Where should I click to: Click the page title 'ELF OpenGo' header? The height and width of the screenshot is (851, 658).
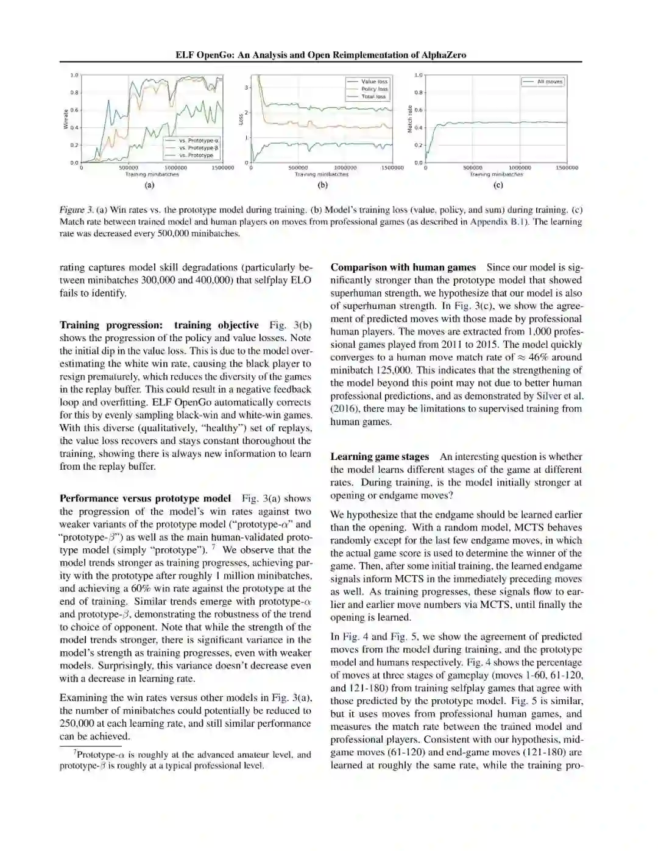(320, 55)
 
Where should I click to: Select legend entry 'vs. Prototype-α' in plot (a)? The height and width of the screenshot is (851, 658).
(198, 141)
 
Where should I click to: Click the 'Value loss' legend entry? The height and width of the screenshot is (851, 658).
(374, 82)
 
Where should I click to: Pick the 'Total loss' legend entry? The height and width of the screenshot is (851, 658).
(373, 96)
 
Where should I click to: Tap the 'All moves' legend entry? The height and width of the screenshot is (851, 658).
(550, 82)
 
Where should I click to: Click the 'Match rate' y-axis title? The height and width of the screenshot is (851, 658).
(410, 119)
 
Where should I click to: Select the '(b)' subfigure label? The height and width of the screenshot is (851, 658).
(322, 185)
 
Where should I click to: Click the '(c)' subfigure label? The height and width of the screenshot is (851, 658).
(498, 185)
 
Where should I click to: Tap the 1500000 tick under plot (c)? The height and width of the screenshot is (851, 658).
(567, 168)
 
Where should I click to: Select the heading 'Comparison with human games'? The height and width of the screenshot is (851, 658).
(403, 267)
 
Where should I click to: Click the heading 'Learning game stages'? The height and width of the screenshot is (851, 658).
(380, 457)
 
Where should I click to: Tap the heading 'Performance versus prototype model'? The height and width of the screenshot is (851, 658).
(145, 498)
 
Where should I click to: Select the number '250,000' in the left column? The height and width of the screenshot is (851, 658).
(80, 724)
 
